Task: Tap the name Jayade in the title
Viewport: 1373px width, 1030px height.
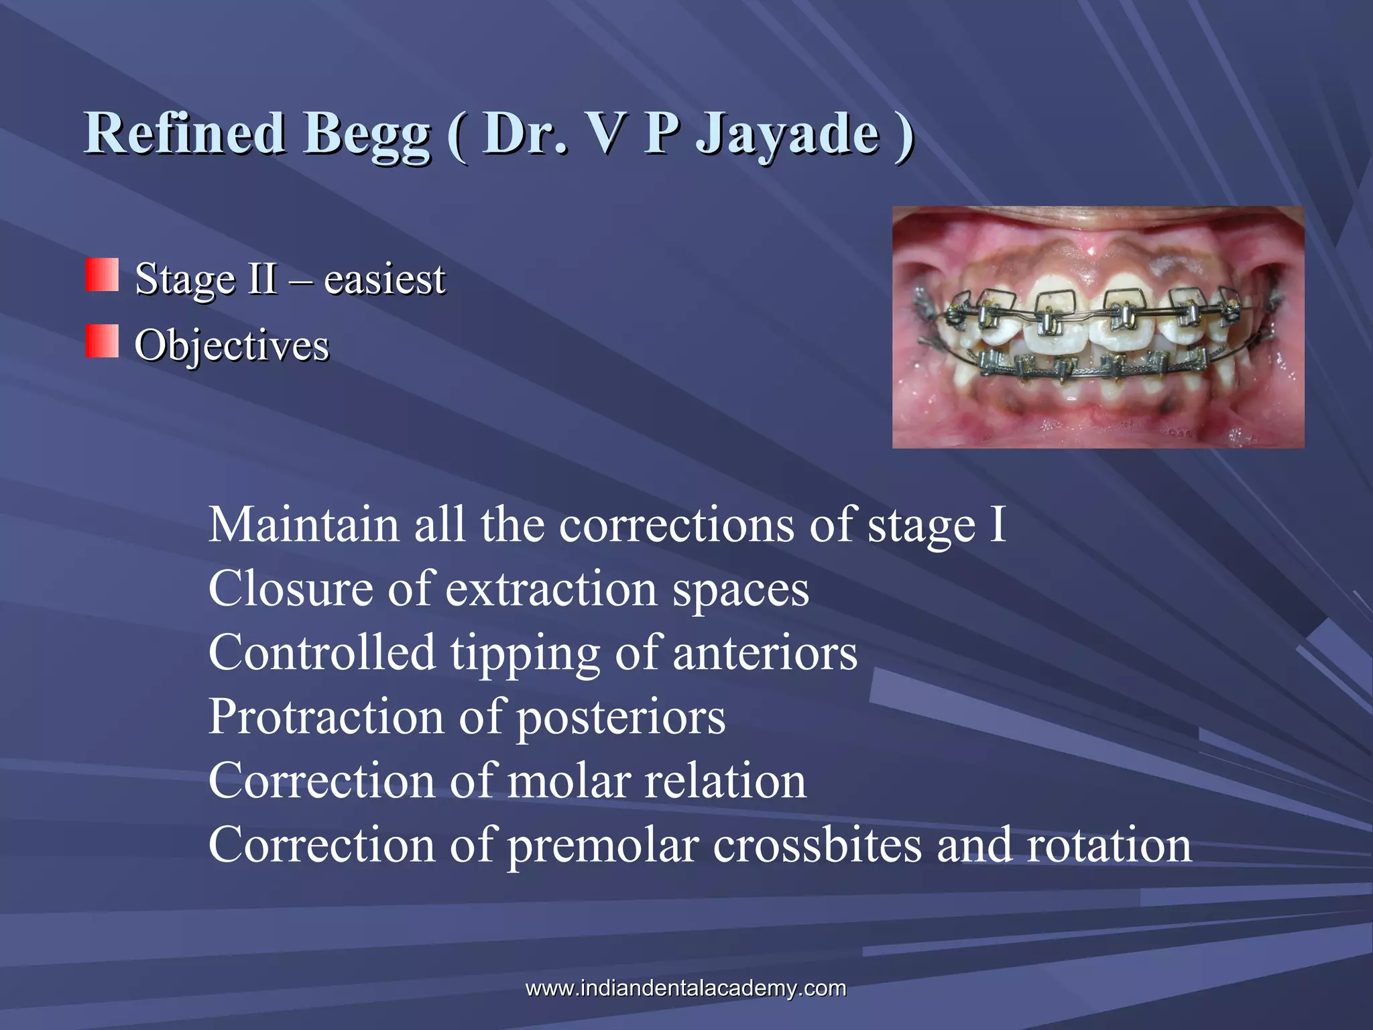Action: click(787, 134)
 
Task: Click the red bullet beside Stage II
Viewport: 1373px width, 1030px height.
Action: click(102, 275)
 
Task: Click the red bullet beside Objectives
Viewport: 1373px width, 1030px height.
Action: click(102, 341)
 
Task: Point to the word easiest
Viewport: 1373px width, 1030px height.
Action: click(384, 278)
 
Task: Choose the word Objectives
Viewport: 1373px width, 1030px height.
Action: click(232, 345)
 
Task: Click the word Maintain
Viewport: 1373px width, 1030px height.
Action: click(304, 524)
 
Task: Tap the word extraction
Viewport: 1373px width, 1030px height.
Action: click(552, 589)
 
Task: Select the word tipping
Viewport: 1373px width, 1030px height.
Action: click(525, 653)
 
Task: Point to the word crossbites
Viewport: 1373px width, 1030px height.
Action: click(817, 845)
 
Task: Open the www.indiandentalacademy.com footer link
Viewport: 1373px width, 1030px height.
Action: click(686, 988)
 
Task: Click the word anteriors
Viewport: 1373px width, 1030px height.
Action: click(765, 653)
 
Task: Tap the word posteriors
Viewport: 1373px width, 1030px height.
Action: click(621, 717)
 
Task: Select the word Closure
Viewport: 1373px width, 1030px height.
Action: click(290, 589)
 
